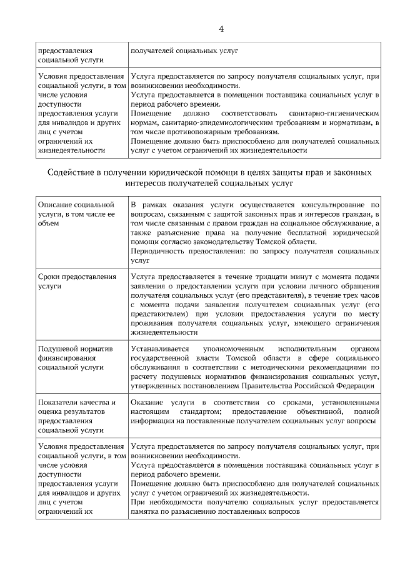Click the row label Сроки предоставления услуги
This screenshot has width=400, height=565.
point(77,281)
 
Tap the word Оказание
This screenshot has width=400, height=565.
point(147,403)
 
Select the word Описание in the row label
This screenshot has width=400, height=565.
point(56,205)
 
